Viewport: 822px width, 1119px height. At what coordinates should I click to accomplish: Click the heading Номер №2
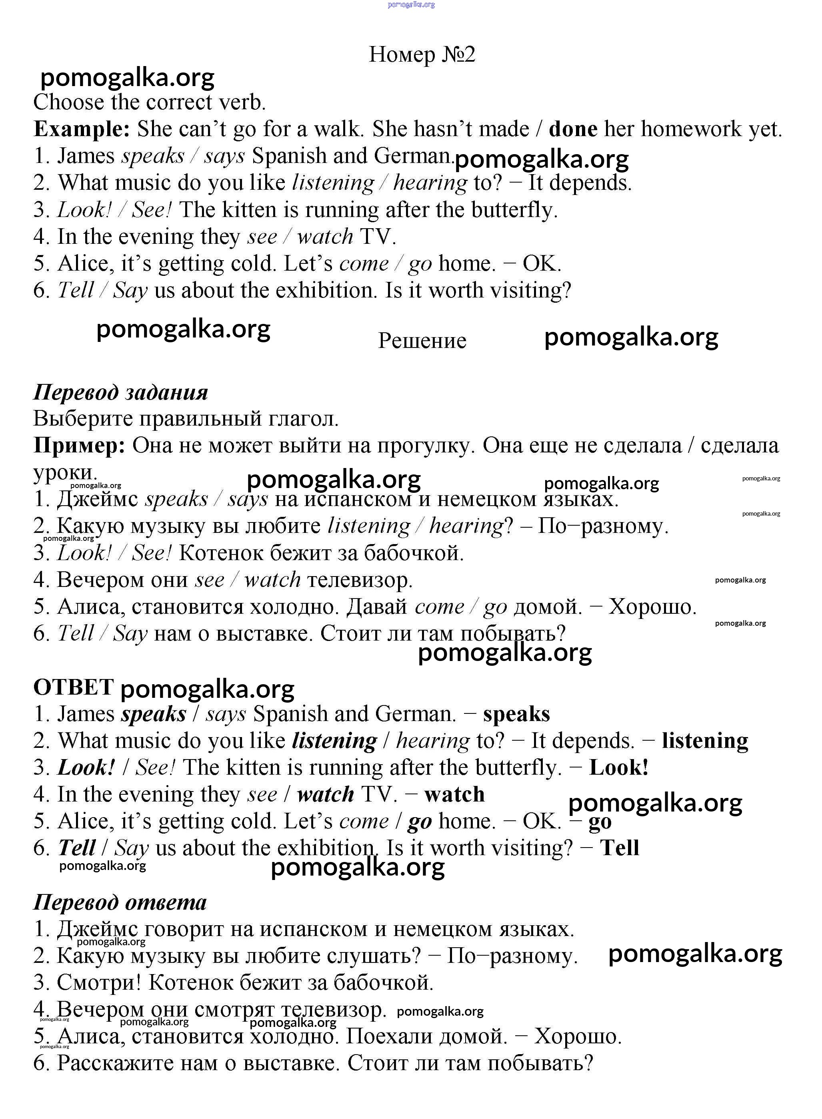[x=422, y=54]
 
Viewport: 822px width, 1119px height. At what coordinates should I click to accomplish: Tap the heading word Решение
[x=422, y=341]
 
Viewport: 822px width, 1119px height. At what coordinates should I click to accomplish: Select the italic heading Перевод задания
[x=120, y=392]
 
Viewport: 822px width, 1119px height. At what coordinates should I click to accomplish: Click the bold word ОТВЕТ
[x=73, y=687]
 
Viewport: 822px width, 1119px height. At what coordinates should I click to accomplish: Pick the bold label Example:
[x=82, y=129]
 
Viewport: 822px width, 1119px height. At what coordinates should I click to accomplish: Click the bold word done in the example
[x=573, y=129]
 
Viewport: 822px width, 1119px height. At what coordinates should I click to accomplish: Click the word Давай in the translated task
[x=377, y=607]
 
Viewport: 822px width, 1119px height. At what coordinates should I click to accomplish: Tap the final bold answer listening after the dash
[x=704, y=741]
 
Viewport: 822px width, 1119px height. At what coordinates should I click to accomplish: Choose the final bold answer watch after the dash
[x=454, y=794]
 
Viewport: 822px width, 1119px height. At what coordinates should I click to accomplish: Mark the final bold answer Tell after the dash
[x=619, y=848]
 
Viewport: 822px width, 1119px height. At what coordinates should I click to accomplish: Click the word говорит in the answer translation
[x=183, y=929]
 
